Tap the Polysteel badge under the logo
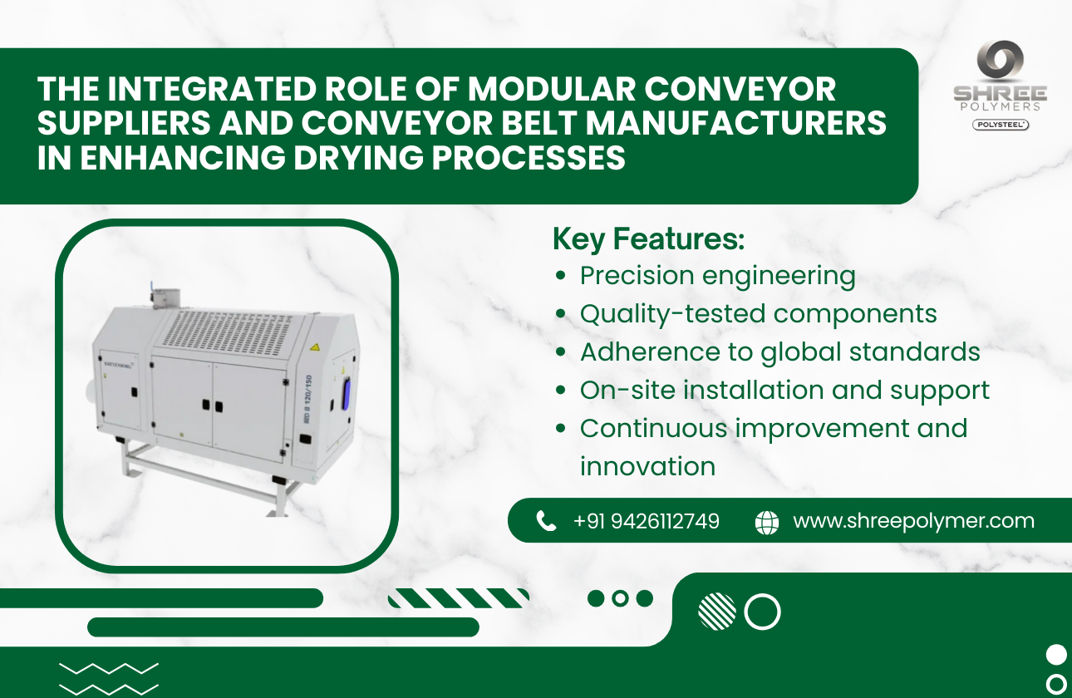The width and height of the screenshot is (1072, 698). pyautogui.click(x=1000, y=125)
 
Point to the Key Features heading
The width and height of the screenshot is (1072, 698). pyautogui.click(x=648, y=239)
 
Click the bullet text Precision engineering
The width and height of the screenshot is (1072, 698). pyautogui.click(x=717, y=276)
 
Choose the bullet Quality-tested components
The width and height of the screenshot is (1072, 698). pyautogui.click(x=758, y=314)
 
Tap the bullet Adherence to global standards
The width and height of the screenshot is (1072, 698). pyautogui.click(x=779, y=352)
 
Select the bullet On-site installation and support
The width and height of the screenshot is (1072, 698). pyautogui.click(x=784, y=391)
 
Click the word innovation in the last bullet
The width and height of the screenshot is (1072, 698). pyautogui.click(x=647, y=467)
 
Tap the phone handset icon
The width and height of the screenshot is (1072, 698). pyautogui.click(x=546, y=521)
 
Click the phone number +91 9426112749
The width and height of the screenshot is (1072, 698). pyautogui.click(x=646, y=521)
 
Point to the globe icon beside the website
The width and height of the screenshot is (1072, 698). pyautogui.click(x=766, y=522)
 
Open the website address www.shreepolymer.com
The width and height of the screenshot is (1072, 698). pyautogui.click(x=913, y=521)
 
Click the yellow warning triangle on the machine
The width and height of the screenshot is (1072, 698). pyautogui.click(x=315, y=346)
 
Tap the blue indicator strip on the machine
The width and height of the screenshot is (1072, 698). pyautogui.click(x=345, y=391)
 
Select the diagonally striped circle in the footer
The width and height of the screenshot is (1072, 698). pyautogui.click(x=717, y=612)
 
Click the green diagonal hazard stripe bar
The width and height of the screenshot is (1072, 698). pyautogui.click(x=459, y=598)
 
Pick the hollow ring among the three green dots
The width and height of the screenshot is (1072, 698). pyautogui.click(x=620, y=598)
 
